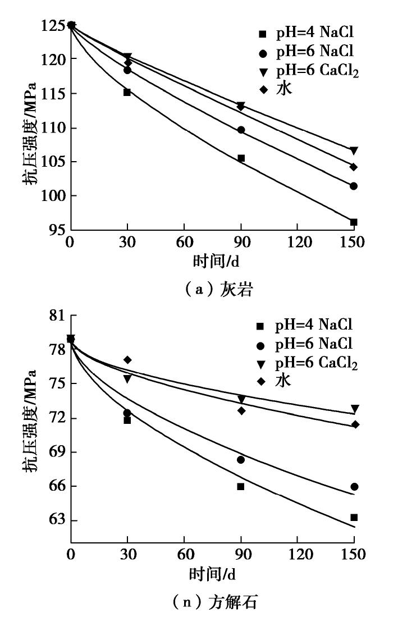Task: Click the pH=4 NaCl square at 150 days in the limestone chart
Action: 354,222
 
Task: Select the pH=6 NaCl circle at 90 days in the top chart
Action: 241,130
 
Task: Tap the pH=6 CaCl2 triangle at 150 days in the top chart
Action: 354,150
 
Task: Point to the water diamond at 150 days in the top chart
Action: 354,167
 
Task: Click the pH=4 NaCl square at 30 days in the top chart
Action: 127,92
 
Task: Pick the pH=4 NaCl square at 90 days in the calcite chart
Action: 241,487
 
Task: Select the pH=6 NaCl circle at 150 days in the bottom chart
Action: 354,487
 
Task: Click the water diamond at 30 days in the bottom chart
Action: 127,360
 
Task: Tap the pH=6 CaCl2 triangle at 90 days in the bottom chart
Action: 241,399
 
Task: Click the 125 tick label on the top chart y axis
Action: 52,25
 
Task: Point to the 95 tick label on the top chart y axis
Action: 56,230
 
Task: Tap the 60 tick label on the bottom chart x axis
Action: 184,555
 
